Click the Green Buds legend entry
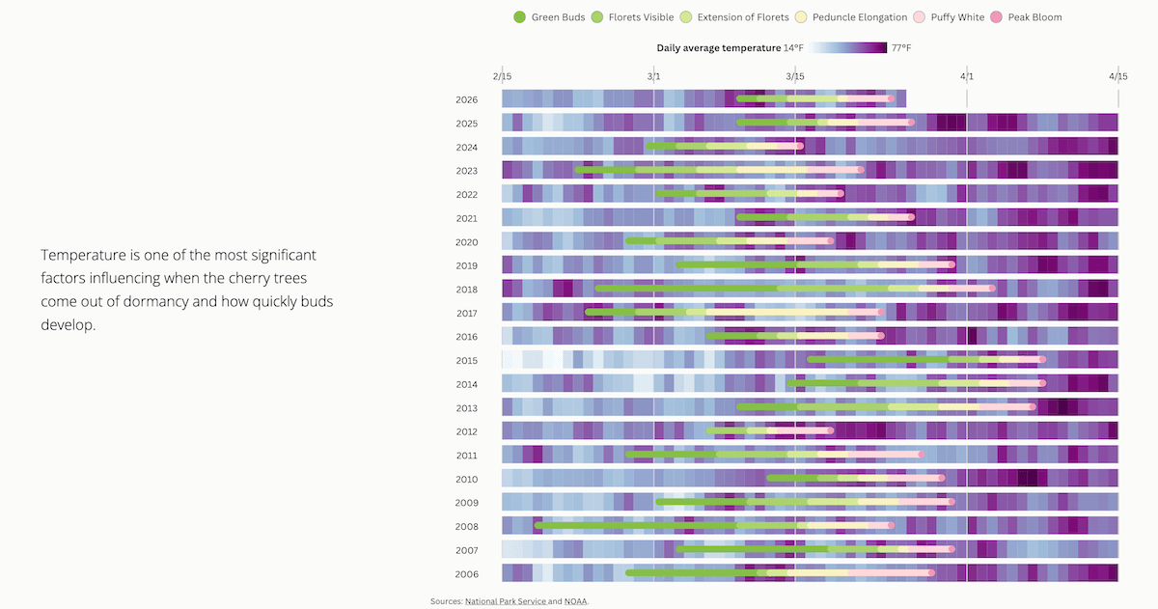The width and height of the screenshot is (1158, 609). (x=549, y=17)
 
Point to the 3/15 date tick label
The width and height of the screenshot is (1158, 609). (x=794, y=75)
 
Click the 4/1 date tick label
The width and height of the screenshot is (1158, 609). (x=966, y=75)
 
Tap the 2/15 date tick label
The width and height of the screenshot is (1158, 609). (x=502, y=75)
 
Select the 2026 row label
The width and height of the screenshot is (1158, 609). (x=467, y=99)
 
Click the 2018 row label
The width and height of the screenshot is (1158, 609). (x=467, y=290)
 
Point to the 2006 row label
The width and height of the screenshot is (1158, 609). (x=467, y=574)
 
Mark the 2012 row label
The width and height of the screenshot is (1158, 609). (x=467, y=431)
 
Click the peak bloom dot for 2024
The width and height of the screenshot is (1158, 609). (x=799, y=147)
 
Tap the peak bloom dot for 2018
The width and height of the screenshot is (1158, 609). (x=991, y=289)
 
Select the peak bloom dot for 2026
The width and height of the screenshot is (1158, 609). (x=891, y=98)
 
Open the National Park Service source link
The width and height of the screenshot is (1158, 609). (x=505, y=601)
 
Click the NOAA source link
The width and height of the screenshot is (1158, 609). (x=575, y=601)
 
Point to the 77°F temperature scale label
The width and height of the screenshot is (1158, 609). (x=900, y=47)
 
